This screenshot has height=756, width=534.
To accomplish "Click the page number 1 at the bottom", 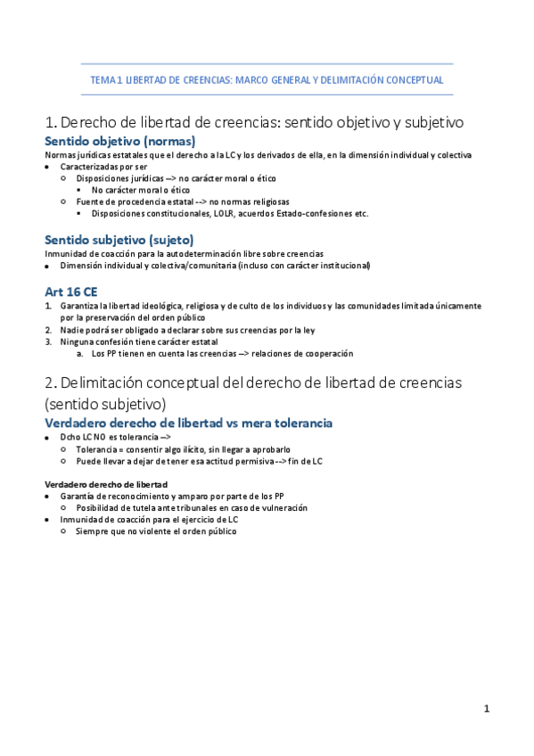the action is pos(487,709).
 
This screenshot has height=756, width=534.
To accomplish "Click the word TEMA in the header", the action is pos(103,80).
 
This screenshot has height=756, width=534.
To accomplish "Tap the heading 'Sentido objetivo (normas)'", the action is pos(120,141).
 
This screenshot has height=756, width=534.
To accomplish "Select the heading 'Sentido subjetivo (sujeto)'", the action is pos(119,239).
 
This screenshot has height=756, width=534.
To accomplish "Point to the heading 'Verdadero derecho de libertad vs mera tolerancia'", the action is pos(189,422).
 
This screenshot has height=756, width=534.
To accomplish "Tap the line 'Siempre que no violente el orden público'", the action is pos(156,531).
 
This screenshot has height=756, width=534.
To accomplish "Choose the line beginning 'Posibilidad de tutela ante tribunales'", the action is pos(192,507).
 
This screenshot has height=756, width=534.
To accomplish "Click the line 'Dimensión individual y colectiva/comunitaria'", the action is pos(214,266).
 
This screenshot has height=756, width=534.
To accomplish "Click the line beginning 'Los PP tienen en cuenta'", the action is pos(222,354).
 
